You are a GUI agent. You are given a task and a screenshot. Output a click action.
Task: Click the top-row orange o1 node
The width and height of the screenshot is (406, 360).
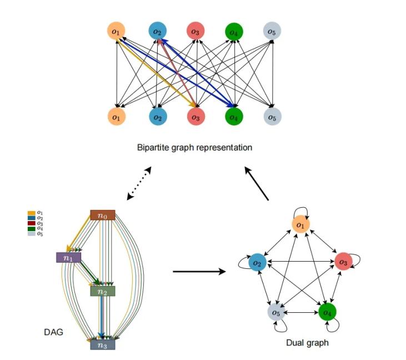pos(116,32)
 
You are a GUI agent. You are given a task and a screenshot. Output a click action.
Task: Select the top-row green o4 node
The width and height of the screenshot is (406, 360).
pos(234,32)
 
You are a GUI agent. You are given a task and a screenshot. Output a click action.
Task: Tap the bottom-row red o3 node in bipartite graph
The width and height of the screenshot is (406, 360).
pos(195,117)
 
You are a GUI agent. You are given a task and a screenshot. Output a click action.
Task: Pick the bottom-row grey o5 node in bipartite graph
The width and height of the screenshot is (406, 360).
pos(272,117)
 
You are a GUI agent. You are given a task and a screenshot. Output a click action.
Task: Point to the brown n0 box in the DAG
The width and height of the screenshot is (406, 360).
pos(103,215)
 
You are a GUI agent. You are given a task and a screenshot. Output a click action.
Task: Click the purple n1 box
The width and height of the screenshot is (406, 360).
pos(68,257)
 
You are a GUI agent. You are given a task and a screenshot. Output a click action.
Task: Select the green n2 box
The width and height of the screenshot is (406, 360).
pos(103,291)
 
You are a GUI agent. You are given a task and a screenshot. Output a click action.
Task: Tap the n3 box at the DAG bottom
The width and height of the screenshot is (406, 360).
pos(103,344)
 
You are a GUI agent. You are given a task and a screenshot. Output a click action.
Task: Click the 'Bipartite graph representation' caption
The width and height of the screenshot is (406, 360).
pos(194,148)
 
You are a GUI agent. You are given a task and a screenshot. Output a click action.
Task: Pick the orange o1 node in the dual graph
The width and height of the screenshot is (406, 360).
pos(300,224)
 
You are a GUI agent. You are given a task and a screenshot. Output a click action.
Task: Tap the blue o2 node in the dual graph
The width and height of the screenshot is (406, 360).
pos(256,262)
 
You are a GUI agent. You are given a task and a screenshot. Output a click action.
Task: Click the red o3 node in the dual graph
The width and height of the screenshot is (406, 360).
pos(343,262)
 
